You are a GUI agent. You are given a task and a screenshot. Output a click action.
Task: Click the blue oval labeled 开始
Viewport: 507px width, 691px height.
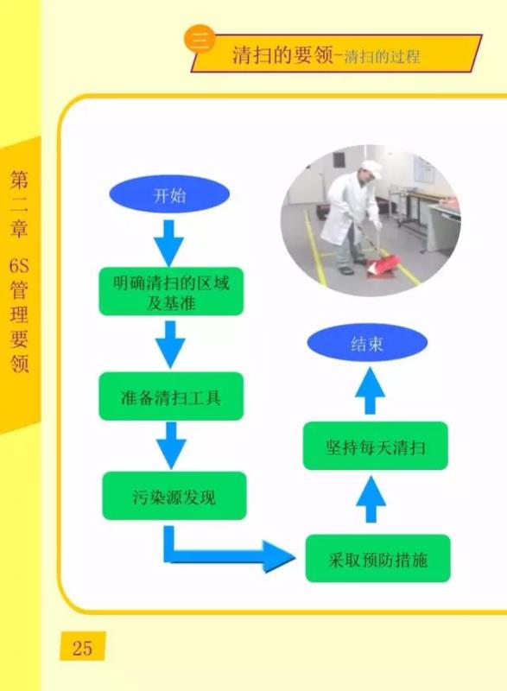click(x=169, y=194)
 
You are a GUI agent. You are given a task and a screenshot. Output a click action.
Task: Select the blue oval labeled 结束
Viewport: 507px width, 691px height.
click(x=367, y=343)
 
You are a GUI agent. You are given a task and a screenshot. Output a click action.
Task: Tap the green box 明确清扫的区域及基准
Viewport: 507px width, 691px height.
click(x=171, y=291)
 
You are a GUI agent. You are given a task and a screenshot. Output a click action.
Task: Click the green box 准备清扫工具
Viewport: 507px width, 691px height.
click(x=171, y=396)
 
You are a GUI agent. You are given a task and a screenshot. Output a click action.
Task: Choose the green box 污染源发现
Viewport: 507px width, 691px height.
click(x=174, y=496)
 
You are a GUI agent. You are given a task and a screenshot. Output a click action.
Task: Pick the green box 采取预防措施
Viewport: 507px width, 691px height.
click(x=378, y=558)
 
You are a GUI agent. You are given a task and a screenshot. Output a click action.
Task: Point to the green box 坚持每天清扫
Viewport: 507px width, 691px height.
click(x=376, y=446)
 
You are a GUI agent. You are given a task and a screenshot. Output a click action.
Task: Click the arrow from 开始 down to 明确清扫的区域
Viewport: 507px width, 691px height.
click(x=169, y=243)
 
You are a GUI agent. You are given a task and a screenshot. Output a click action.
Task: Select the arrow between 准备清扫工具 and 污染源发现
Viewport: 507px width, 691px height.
click(x=171, y=445)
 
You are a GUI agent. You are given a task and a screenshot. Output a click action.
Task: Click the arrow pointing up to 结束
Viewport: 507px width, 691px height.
click(x=371, y=391)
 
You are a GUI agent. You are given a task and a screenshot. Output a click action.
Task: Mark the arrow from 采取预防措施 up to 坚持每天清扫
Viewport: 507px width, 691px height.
click(x=371, y=499)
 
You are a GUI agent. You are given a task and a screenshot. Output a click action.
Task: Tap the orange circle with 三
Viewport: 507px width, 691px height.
click(x=200, y=39)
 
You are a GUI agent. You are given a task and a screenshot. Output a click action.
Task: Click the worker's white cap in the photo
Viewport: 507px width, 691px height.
click(x=371, y=168)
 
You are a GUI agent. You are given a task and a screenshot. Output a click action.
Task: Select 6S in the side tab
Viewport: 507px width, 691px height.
click(x=19, y=266)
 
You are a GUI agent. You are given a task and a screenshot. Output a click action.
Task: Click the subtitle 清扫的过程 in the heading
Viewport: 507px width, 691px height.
click(x=382, y=57)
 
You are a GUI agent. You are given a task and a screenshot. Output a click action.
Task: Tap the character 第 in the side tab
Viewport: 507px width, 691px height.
click(x=19, y=180)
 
